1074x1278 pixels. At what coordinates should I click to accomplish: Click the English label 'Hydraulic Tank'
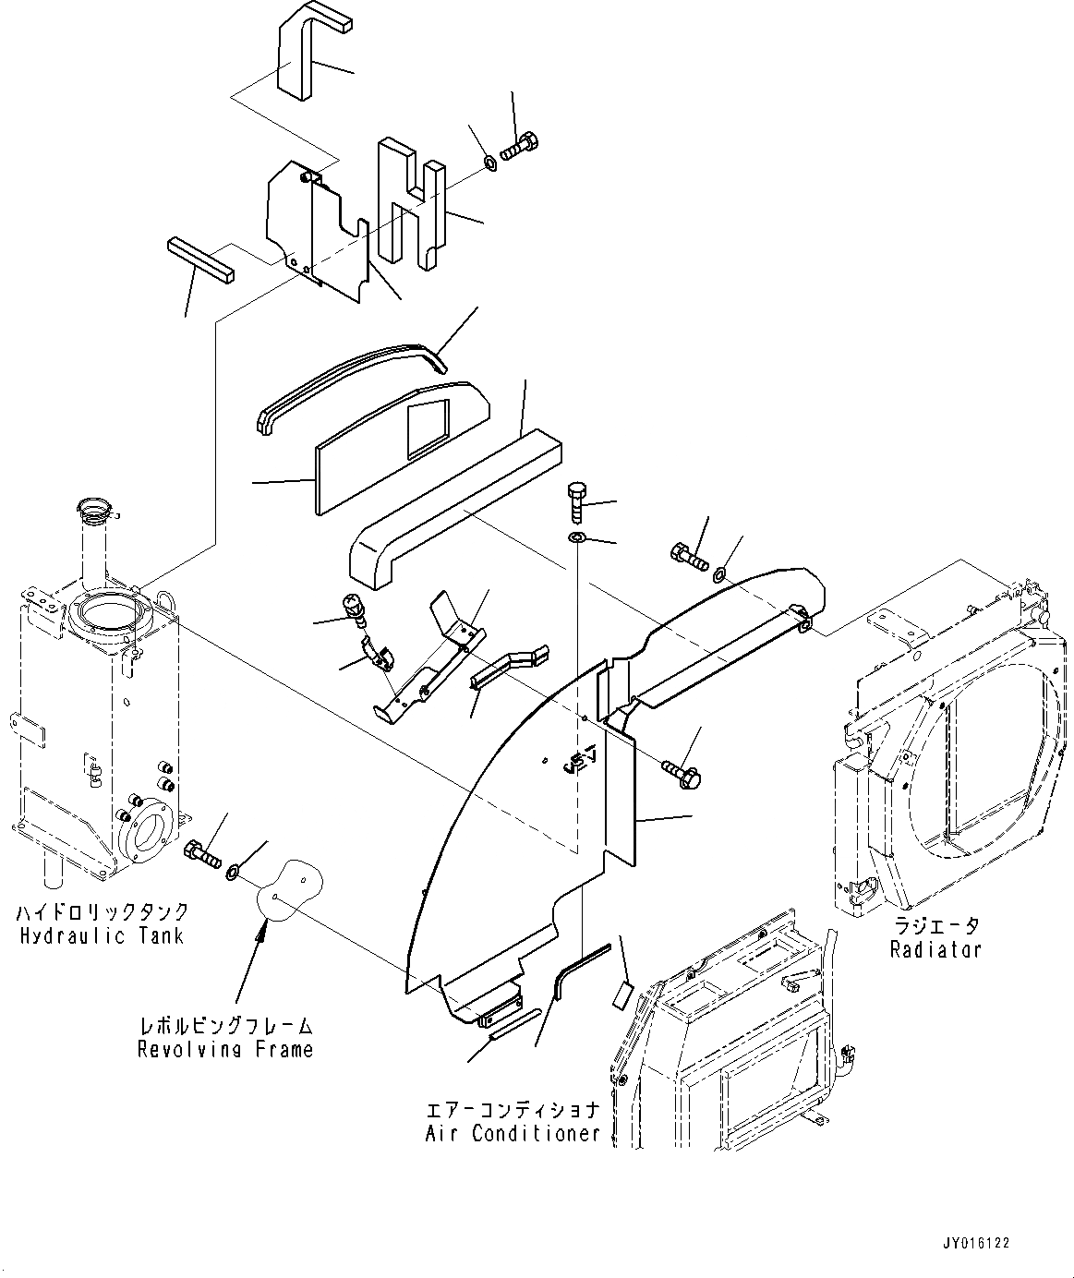tap(102, 935)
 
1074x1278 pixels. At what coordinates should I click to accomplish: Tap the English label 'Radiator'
tap(935, 949)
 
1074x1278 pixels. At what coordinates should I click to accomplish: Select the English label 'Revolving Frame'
tap(225, 1049)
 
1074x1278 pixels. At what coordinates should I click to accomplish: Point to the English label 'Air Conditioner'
tap(513, 1133)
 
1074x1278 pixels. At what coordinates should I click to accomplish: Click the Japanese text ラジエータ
tap(935, 925)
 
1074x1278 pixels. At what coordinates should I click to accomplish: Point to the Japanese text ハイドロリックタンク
tap(102, 912)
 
